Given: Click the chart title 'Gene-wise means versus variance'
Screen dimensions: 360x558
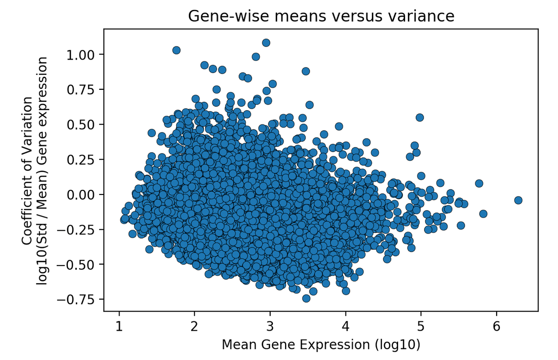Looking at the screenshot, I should coord(321,16).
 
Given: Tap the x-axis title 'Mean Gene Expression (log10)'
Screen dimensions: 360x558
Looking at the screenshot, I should coord(321,345).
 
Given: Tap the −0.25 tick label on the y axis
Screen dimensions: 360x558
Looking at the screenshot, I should coord(78,229).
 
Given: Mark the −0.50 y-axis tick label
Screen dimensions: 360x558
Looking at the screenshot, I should coord(78,264).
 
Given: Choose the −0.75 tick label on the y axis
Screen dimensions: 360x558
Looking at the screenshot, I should coord(78,299).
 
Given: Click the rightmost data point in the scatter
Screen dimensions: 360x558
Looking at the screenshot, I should coord(518,200).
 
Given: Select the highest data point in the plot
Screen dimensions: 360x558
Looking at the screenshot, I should coord(266,43).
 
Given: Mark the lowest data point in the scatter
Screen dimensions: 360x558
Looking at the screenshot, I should coord(306,298).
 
